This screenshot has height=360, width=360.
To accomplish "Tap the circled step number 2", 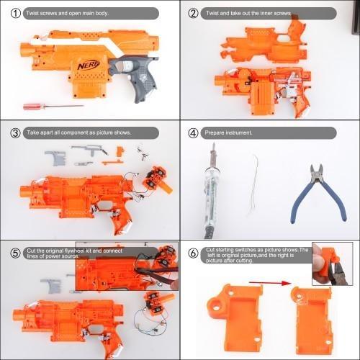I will click(x=193, y=14).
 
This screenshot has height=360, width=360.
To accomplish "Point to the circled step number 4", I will click(x=193, y=133).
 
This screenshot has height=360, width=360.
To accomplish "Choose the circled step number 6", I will click(x=193, y=253).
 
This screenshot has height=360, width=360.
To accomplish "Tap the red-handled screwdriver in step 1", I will click(x=42, y=106).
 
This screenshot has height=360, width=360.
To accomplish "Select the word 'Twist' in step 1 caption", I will click(x=32, y=14).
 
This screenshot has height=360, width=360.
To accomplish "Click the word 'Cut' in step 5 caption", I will click(x=30, y=250).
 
